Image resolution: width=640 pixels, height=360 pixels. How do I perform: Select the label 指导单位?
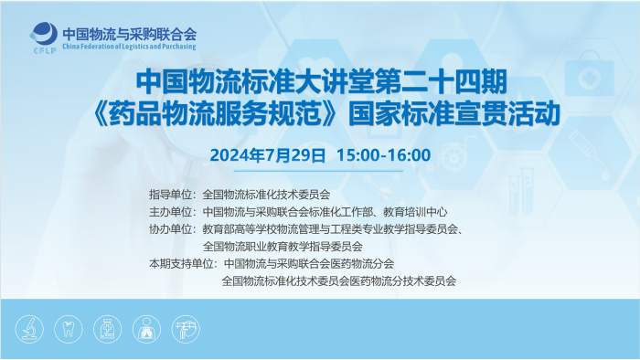click(171, 195)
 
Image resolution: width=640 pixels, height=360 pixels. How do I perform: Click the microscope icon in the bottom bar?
click(29, 328)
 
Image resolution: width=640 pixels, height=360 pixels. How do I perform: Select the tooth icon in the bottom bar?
click(67, 328)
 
